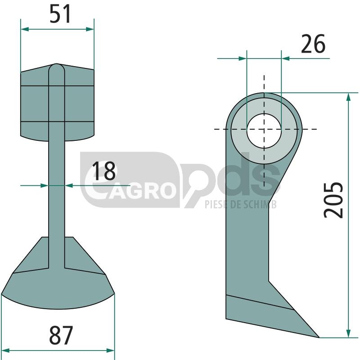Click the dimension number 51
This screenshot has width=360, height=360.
60,14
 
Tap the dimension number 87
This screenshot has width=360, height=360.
61,335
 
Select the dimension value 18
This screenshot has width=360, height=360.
104,171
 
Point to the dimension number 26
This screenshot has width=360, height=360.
313,44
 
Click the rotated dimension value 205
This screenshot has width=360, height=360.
333,200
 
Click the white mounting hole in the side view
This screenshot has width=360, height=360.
264,130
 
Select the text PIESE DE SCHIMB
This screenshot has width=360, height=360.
241,204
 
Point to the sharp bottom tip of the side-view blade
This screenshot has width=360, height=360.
319,337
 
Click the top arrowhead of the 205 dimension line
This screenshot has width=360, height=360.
348,97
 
